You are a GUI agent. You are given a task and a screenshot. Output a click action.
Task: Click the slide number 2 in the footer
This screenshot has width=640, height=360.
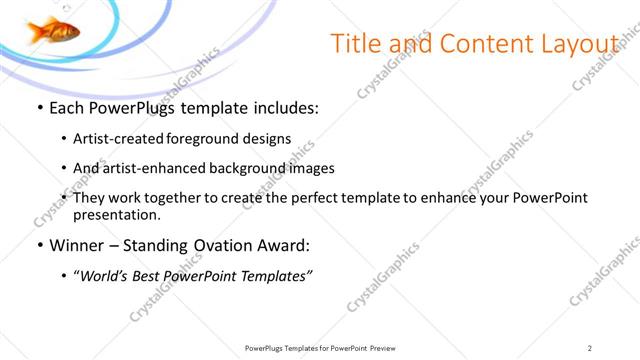(x=590, y=348)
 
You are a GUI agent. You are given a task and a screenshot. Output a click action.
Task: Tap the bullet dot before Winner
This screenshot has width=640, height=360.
(x=38, y=245)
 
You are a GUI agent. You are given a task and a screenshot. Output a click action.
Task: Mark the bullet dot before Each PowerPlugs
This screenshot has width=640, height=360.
(x=38, y=107)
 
